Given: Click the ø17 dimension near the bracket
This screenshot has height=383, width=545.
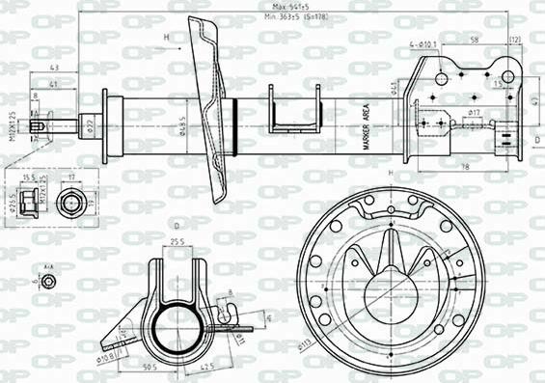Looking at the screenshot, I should [x=474, y=114].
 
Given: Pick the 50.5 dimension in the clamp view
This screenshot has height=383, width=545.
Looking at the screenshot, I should [x=150, y=367].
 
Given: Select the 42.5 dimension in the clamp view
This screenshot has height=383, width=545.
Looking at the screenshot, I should [x=207, y=367].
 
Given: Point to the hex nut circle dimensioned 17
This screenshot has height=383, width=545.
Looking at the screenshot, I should [x=70, y=204].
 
